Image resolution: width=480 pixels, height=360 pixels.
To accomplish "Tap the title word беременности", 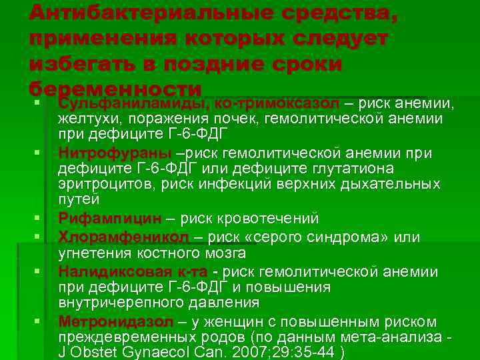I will (x=115, y=90).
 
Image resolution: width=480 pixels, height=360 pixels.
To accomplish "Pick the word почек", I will (x=237, y=119).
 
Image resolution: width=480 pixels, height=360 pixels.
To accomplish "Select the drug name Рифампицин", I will (x=109, y=218).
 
